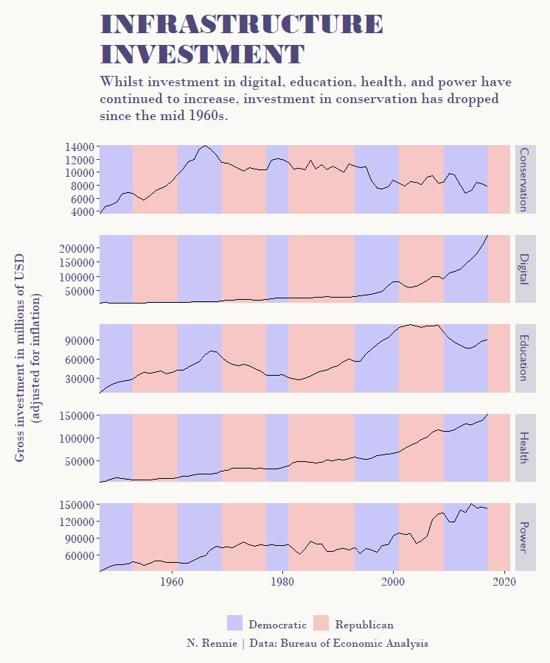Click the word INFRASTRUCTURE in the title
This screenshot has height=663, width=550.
(x=242, y=24)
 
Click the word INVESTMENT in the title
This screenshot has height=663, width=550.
(x=201, y=54)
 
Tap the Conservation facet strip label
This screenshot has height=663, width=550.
(x=524, y=179)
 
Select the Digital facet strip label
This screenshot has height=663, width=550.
(x=524, y=268)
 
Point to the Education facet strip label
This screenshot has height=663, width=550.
(x=524, y=358)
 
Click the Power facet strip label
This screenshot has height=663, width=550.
(x=524, y=537)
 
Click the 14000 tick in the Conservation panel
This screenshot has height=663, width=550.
(x=79, y=147)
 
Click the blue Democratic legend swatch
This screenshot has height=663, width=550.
(x=234, y=623)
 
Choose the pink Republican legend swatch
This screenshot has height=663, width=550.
(x=321, y=623)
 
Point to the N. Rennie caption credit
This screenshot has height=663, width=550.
(x=212, y=643)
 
